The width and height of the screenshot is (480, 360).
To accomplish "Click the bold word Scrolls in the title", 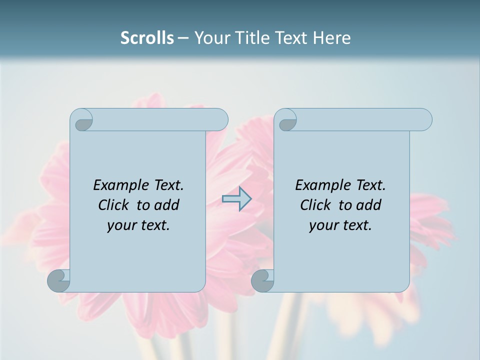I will (147, 38).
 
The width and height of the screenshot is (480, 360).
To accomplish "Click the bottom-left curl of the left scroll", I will (58, 280).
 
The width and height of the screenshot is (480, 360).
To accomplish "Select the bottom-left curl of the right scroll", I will (262, 280).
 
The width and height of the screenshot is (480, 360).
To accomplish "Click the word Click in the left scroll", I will (112, 205).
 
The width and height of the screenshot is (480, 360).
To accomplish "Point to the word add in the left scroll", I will (167, 205).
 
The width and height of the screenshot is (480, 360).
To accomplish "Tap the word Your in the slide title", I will (209, 38).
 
